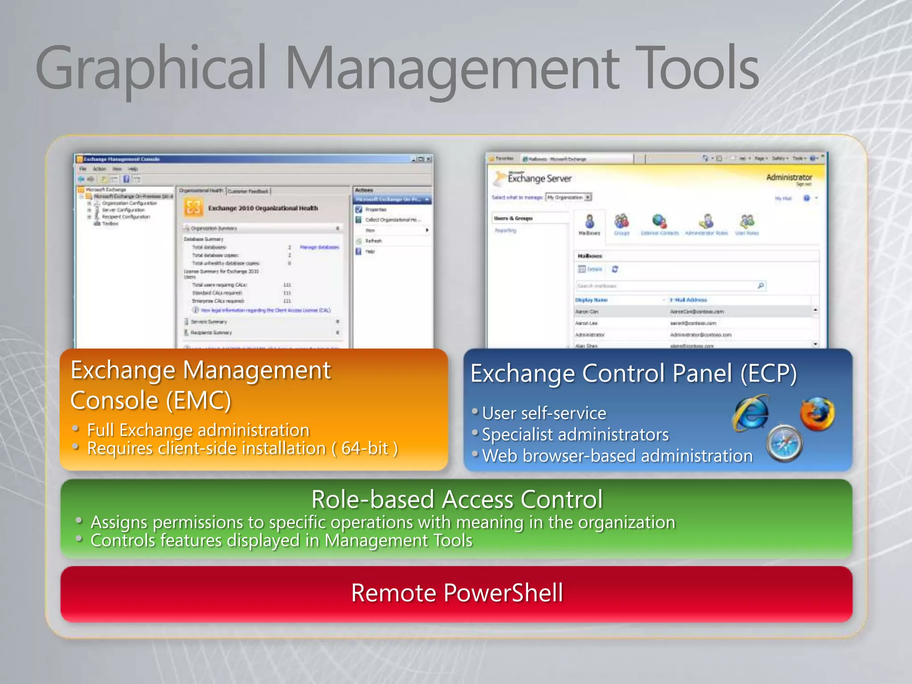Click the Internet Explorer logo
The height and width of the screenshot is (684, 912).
coord(752,413)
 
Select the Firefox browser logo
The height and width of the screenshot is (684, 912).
coord(817,413)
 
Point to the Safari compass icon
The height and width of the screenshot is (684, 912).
coord(785,444)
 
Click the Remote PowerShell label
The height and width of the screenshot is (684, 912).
coord(457,593)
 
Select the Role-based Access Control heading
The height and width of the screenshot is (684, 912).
coord(457,499)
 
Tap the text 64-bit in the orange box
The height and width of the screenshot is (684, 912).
coord(365,448)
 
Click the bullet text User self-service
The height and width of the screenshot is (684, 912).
coord(544,413)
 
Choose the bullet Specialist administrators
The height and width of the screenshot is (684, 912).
coord(575,435)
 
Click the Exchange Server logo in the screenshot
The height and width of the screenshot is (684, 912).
coord(533,178)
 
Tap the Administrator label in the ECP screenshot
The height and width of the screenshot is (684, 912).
coord(789,177)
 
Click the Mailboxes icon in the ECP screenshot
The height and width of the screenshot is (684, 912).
coord(590,224)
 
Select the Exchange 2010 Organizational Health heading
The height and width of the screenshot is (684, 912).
coord(263,208)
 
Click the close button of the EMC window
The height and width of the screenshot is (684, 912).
coord(428,159)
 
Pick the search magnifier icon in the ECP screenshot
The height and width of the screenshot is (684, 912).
coord(761,285)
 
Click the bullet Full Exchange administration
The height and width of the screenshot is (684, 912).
coord(198,430)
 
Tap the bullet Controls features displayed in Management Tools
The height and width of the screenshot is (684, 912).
coord(281,541)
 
